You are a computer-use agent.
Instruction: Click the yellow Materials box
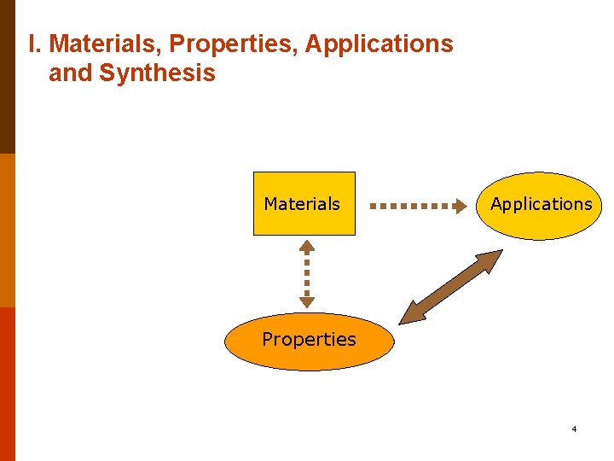[304, 203]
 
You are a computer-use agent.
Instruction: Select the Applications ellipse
[540, 205]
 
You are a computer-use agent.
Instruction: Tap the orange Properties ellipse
[309, 341]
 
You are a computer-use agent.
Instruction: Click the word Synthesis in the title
[157, 73]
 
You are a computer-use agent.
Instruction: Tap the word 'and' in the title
[70, 73]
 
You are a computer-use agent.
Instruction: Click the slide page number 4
[574, 429]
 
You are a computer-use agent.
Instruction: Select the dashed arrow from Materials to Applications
[418, 206]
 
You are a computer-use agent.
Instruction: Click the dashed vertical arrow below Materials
[307, 273]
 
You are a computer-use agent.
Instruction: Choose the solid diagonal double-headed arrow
[452, 287]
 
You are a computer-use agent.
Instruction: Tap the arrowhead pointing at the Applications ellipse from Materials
[466, 206]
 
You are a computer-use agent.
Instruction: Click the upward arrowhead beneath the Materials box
[307, 246]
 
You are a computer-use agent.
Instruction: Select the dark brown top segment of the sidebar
[7, 77]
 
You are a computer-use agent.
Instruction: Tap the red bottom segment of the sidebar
[7, 384]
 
